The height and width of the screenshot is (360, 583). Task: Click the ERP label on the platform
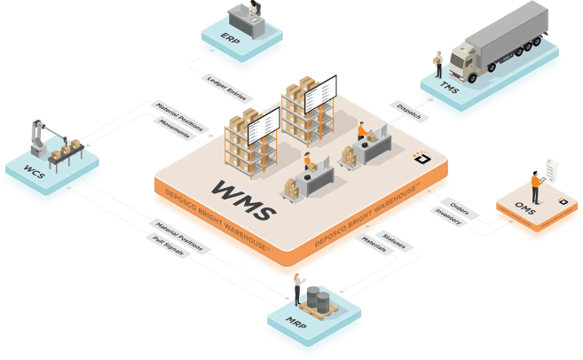click(x=230, y=38)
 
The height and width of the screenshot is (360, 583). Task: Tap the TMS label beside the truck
click(x=449, y=87)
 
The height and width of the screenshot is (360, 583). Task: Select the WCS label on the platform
click(x=35, y=172)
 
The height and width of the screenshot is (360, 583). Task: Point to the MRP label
click(x=296, y=323)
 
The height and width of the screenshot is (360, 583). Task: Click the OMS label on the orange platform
click(x=525, y=208)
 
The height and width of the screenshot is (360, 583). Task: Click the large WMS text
click(x=243, y=200)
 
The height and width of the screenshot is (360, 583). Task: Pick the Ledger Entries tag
click(x=227, y=89)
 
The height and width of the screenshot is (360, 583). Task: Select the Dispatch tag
click(x=409, y=111)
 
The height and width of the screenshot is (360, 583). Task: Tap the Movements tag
click(x=175, y=129)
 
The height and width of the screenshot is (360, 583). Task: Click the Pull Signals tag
click(x=169, y=246)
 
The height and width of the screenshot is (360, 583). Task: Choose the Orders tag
click(x=460, y=208)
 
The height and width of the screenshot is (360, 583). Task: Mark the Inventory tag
click(x=448, y=216)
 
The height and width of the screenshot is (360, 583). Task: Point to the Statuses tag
click(x=394, y=241)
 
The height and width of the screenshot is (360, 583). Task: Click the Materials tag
click(x=374, y=244)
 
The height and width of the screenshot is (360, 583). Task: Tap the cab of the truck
click(x=463, y=62)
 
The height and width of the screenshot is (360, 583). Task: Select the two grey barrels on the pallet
click(x=319, y=299)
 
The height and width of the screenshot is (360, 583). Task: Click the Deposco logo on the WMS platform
click(x=422, y=158)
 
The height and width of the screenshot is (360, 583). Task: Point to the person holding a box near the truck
click(x=438, y=64)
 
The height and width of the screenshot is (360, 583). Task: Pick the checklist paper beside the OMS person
click(x=552, y=170)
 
